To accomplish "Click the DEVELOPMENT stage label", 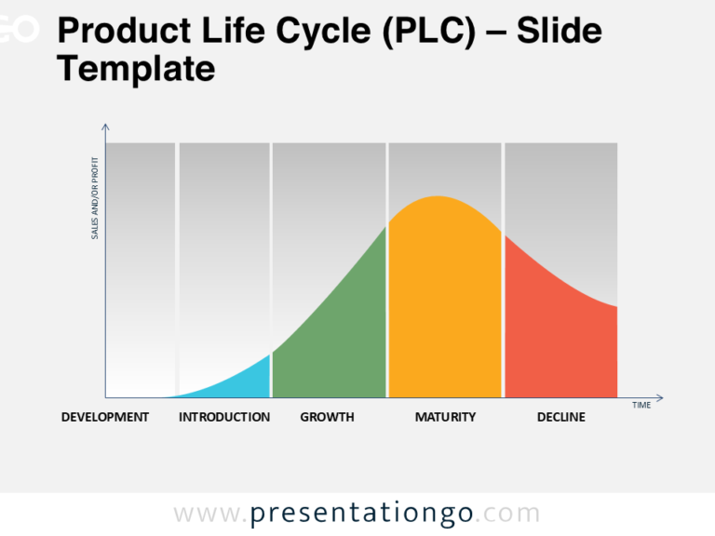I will click(x=104, y=417).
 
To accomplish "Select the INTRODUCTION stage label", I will click(x=224, y=417).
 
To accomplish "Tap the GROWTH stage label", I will click(x=327, y=417).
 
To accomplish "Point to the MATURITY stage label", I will click(x=445, y=417).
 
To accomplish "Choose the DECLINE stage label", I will click(x=560, y=417).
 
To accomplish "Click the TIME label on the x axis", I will click(x=641, y=405).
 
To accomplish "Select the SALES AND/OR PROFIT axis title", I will click(x=95, y=203).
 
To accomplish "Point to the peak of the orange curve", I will click(x=436, y=197).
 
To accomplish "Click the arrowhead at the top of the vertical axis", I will click(x=105, y=127).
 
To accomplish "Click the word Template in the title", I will click(x=136, y=68).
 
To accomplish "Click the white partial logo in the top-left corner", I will click(x=19, y=30).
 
